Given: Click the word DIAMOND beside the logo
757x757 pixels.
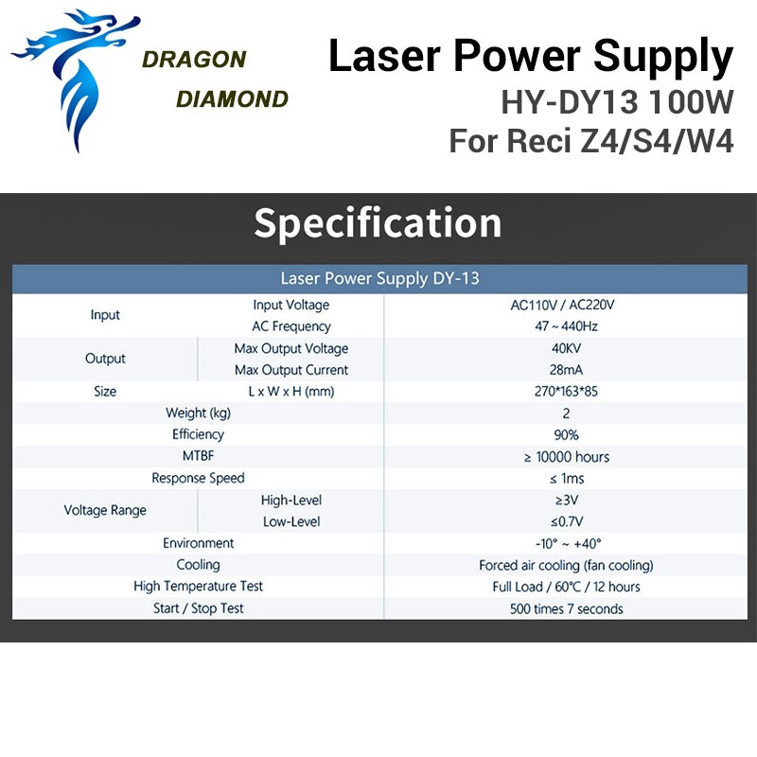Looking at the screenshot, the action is coord(232,99).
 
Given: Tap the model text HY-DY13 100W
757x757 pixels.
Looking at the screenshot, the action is coord(617,102).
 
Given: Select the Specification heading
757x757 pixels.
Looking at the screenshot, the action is coord(378,222).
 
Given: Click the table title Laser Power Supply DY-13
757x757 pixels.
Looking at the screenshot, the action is coord(379,278).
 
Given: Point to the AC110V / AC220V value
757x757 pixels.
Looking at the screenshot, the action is coord(562,305).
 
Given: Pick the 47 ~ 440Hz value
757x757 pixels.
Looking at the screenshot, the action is coord(566,326).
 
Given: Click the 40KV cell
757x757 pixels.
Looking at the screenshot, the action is coord(566,348).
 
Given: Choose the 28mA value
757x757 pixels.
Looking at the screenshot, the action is coord(566,370).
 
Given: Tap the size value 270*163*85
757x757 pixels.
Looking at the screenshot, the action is coord(566,391).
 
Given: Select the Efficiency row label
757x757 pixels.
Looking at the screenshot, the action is coord(198,434).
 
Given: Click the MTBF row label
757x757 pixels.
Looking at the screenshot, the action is coord(198,456).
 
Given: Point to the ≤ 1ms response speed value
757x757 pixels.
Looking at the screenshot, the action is coord(566,479).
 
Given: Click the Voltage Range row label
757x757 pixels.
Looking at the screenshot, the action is coord(105,510).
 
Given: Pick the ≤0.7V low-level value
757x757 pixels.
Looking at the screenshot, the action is coord(566,521).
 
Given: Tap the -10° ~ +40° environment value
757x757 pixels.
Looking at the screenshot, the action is coord(568,543).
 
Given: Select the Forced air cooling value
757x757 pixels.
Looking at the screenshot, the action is coord(566,565).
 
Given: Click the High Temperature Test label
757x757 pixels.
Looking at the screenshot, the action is coord(198,586).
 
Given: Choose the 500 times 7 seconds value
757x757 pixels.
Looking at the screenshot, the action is coord(566,608).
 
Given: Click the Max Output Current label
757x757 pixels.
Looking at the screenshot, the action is coord(291,370).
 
